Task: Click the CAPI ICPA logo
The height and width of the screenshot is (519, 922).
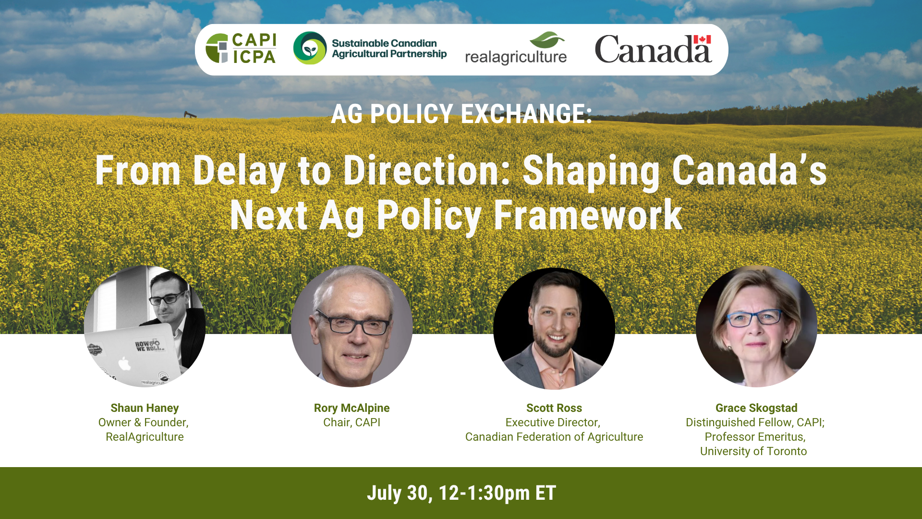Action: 241,49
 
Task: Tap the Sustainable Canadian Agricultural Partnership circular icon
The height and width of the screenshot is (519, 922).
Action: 310,48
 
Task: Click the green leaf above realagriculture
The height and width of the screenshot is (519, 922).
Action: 547,40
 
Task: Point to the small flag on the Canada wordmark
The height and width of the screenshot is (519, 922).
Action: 702,39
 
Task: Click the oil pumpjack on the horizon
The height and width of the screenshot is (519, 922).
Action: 190,114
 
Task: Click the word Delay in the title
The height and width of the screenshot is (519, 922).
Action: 239,171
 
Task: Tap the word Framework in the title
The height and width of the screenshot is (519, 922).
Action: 588,215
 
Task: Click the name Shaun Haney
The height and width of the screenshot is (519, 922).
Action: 145,408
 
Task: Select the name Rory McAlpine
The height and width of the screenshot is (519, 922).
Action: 352,408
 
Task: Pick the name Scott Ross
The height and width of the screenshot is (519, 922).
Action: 554,408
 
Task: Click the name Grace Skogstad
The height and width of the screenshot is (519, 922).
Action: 756,408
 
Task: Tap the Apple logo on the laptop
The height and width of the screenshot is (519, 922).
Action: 124,364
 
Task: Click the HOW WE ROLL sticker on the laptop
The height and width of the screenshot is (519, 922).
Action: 148,346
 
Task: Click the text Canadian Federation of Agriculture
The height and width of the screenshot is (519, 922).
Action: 554,437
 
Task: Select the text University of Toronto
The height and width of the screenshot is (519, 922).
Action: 753,451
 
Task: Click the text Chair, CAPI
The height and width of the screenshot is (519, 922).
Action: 352,422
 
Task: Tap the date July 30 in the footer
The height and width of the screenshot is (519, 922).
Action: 398,493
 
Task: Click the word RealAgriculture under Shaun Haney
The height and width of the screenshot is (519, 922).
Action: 145,437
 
